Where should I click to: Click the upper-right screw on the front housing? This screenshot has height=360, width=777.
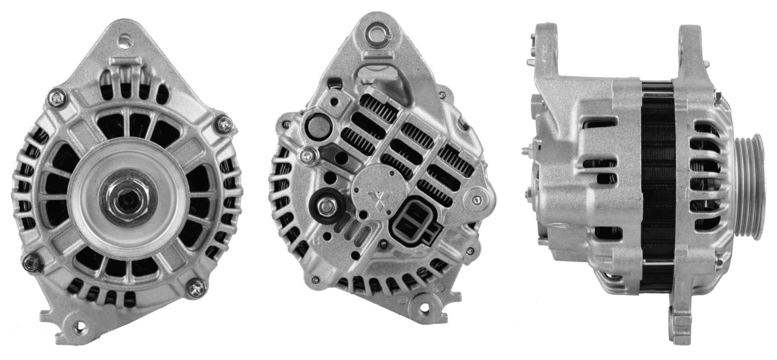tap(224, 124)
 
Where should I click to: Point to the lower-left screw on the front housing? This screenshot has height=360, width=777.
tap(34, 262)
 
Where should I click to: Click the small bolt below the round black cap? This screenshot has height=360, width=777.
tap(308, 155)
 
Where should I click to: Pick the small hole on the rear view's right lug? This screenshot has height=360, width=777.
tap(477, 200)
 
